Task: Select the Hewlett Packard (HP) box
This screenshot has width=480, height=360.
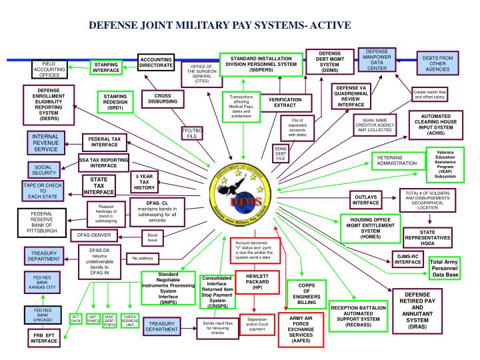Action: pos(257,283)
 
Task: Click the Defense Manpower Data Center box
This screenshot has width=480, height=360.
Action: pos(377,59)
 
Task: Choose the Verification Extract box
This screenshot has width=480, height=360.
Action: pos(285,103)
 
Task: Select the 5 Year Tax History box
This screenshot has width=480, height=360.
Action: pos(145,182)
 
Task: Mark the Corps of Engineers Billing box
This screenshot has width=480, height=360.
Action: pos(302,293)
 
